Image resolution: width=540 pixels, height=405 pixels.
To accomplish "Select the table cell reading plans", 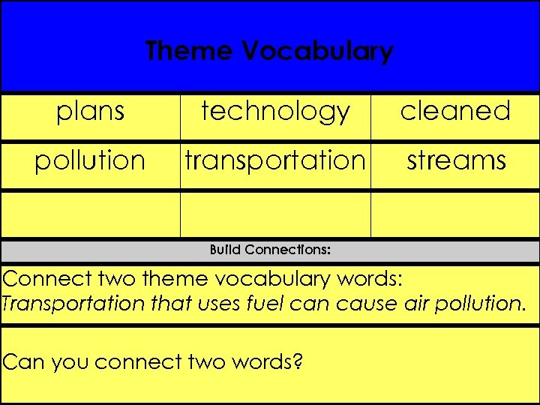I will [90, 111].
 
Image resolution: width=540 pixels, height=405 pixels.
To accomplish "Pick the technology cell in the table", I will [275, 111].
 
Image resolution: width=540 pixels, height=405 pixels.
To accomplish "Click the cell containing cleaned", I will [455, 111].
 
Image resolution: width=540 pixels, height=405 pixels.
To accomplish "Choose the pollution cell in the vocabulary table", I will [90, 160].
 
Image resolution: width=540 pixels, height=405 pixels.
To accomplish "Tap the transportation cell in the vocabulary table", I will [275, 160].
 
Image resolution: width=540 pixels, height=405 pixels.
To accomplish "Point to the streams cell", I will [455, 160].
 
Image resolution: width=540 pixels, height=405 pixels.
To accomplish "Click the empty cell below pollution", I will [90, 214].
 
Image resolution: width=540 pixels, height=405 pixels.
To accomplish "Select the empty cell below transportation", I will [275, 214].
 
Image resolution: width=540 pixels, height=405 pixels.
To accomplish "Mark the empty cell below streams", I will [455, 214].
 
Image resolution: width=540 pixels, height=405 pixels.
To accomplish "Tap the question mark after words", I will [298, 361].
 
